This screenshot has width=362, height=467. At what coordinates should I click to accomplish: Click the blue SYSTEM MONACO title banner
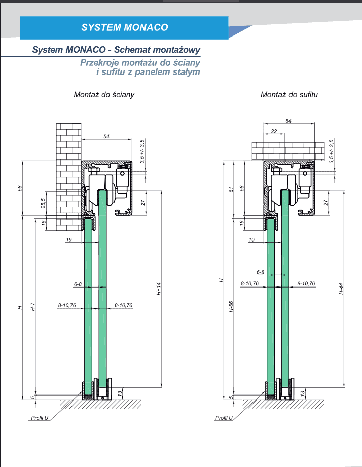(x=124, y=28)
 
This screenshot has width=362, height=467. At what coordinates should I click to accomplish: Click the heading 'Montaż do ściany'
(x=104, y=95)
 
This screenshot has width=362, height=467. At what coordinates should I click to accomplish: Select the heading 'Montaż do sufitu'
(x=289, y=95)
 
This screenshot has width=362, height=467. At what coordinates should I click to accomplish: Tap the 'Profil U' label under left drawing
(x=40, y=418)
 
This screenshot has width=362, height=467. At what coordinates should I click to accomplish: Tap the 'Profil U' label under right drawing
(x=224, y=418)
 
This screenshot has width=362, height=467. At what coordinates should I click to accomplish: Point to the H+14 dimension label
(x=159, y=289)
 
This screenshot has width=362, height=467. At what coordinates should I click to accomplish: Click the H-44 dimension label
(x=341, y=289)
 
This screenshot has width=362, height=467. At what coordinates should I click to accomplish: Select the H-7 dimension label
(x=33, y=307)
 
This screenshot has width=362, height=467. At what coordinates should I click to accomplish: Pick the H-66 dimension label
(x=231, y=307)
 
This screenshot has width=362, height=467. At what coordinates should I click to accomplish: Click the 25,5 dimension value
(x=43, y=203)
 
